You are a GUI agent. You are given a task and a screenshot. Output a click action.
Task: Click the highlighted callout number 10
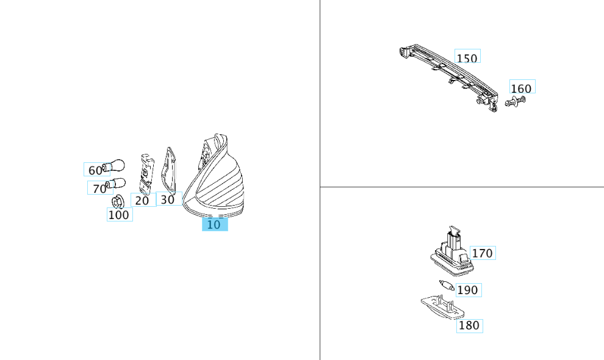point(215,225)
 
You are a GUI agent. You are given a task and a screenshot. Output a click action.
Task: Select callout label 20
point(143,200)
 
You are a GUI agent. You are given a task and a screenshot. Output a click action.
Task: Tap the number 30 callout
point(169,198)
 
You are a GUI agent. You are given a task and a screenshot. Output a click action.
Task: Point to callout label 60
point(96,170)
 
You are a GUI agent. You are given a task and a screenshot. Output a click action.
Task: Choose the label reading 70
point(99,188)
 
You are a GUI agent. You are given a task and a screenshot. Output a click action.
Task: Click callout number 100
point(120,214)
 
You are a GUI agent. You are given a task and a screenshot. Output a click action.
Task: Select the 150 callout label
point(467,56)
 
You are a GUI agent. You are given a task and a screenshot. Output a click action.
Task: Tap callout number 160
point(522,87)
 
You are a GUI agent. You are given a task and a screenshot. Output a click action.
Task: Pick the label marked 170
point(483,253)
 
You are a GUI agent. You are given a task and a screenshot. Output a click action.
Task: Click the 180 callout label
point(470,326)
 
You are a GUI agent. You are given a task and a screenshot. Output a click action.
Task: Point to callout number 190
point(469,290)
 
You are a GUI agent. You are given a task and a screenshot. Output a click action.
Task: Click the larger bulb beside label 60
point(114,166)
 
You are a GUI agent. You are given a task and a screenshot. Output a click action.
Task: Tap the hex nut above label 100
point(118,201)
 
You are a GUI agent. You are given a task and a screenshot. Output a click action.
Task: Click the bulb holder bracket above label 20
point(146,175)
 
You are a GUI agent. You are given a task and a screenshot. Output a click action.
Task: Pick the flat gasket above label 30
point(169,170)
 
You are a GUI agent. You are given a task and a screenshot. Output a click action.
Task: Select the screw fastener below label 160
point(516,101)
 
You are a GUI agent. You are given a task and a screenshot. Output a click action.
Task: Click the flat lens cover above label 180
point(442,307)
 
